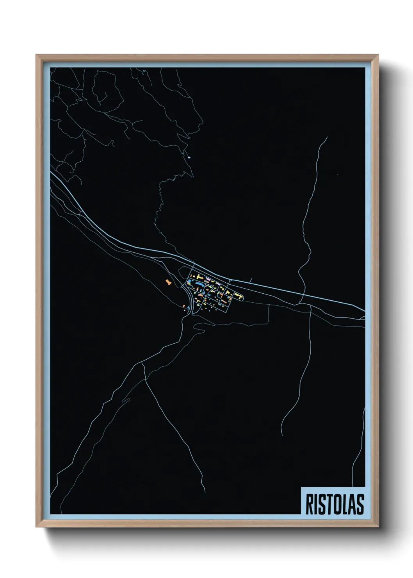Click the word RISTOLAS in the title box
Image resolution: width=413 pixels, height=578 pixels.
coord(335,504)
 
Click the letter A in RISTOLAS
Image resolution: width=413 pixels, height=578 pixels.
coord(351,504)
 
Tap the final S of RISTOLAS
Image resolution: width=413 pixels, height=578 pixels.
coord(360,504)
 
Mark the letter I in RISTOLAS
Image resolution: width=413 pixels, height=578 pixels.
coord(315,504)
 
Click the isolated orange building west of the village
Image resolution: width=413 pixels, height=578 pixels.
coord(168,282)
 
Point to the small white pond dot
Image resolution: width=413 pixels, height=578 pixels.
coord(189,157)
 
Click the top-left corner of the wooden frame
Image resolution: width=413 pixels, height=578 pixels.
coord(36,55)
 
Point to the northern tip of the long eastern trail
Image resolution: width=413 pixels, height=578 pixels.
coord(327,137)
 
